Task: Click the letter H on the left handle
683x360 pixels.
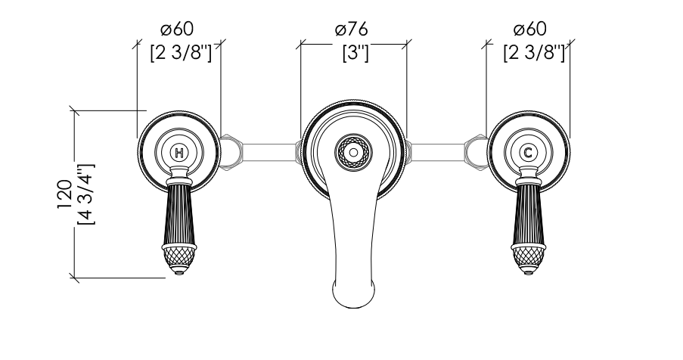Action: tap(179, 153)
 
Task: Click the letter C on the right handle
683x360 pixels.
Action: tap(528, 153)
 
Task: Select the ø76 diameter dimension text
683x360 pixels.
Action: tap(352, 29)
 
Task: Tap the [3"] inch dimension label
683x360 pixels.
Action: tap(355, 53)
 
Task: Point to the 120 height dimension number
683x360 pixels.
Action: tap(65, 194)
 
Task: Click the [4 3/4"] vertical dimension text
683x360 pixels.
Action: tap(85, 194)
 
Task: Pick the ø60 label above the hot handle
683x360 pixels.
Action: tap(177, 29)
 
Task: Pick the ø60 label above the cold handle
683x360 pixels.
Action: tap(529, 29)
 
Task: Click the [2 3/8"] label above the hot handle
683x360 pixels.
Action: tap(181, 53)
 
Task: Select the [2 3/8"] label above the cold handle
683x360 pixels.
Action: tap(534, 53)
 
